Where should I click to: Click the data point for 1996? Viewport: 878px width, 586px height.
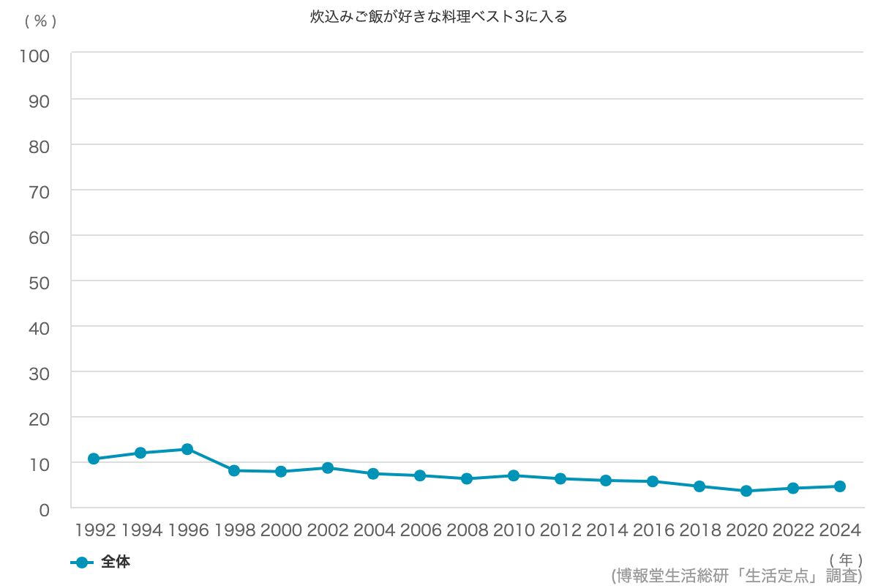tap(187, 449)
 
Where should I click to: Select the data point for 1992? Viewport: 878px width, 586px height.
tap(94, 459)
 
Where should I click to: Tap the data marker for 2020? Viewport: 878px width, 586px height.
tap(746, 491)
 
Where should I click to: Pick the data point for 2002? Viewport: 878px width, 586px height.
tap(328, 468)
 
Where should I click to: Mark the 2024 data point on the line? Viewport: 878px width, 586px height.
tap(840, 486)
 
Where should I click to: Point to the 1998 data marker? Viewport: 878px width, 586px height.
tap(234, 470)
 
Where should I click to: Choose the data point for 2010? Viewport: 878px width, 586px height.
tap(514, 475)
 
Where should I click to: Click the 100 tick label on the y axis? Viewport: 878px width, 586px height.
tap(35, 56)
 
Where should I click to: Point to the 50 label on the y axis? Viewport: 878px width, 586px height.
tap(40, 283)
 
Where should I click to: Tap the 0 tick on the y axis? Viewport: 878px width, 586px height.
tap(45, 511)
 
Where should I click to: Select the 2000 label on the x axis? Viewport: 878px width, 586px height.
tap(281, 530)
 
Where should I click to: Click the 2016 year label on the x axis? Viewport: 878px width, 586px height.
tap(653, 530)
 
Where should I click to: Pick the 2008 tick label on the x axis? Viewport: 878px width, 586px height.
tap(468, 530)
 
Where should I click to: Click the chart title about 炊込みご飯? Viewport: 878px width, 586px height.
tap(438, 17)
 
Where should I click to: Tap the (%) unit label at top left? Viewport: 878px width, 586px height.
tap(41, 21)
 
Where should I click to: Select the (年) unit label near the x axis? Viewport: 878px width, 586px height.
tap(846, 560)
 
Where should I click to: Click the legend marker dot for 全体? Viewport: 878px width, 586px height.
tap(82, 563)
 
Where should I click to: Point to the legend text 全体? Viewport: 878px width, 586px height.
tap(116, 562)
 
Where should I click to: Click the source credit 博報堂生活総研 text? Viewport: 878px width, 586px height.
tap(737, 576)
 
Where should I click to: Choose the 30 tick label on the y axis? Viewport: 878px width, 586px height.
tap(40, 374)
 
